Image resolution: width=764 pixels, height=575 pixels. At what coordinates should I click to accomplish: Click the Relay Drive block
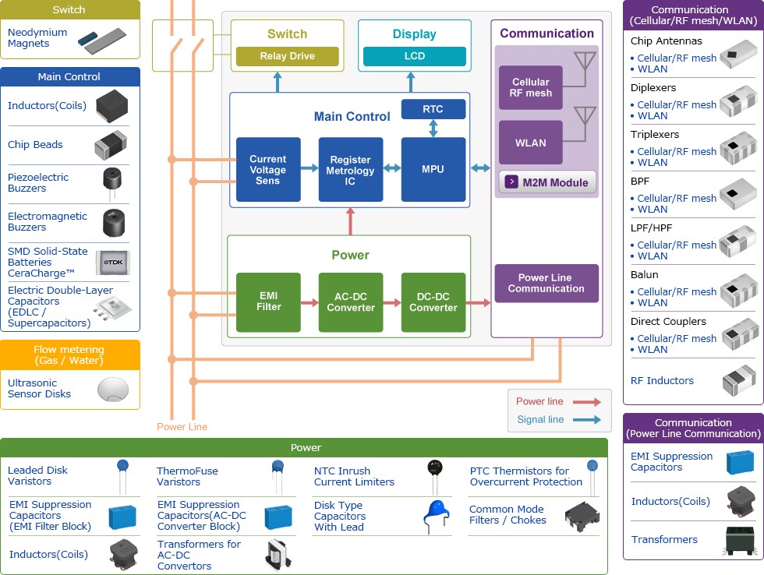pyautogui.click(x=288, y=56)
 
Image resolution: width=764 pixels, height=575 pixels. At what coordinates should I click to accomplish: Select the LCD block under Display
pyautogui.click(x=414, y=56)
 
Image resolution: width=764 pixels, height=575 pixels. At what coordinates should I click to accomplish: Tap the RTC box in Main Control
pyautogui.click(x=433, y=110)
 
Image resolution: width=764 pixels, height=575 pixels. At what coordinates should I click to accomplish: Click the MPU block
pyautogui.click(x=433, y=170)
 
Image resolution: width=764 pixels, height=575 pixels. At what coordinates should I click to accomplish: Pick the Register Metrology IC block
pyautogui.click(x=350, y=170)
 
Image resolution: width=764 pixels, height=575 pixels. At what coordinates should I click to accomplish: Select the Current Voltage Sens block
pyautogui.click(x=267, y=170)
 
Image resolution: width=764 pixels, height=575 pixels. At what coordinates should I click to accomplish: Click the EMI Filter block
pyautogui.click(x=267, y=302)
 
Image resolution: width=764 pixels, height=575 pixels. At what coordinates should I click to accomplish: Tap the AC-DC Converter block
pyautogui.click(x=350, y=302)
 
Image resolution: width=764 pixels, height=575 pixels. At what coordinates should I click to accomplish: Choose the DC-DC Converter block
pyautogui.click(x=433, y=302)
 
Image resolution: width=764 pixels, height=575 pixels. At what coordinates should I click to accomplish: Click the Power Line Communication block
pyautogui.click(x=546, y=284)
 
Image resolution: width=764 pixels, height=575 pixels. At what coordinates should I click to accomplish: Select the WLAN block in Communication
pyautogui.click(x=530, y=143)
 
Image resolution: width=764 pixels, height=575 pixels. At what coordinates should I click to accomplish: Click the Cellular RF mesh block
pyautogui.click(x=530, y=87)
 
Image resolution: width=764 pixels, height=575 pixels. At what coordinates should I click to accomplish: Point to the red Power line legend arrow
pyautogui.click(x=586, y=402)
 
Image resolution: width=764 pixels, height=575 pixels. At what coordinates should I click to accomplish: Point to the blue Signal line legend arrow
pyautogui.click(x=586, y=420)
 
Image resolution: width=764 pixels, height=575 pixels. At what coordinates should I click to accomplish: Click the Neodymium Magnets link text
pyautogui.click(x=37, y=38)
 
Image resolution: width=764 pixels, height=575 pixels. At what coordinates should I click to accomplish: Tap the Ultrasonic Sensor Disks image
pyautogui.click(x=113, y=389)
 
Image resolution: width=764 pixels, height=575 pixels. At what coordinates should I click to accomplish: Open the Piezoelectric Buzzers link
pyautogui.click(x=38, y=183)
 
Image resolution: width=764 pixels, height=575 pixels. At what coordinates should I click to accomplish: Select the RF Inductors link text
pyautogui.click(x=662, y=381)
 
